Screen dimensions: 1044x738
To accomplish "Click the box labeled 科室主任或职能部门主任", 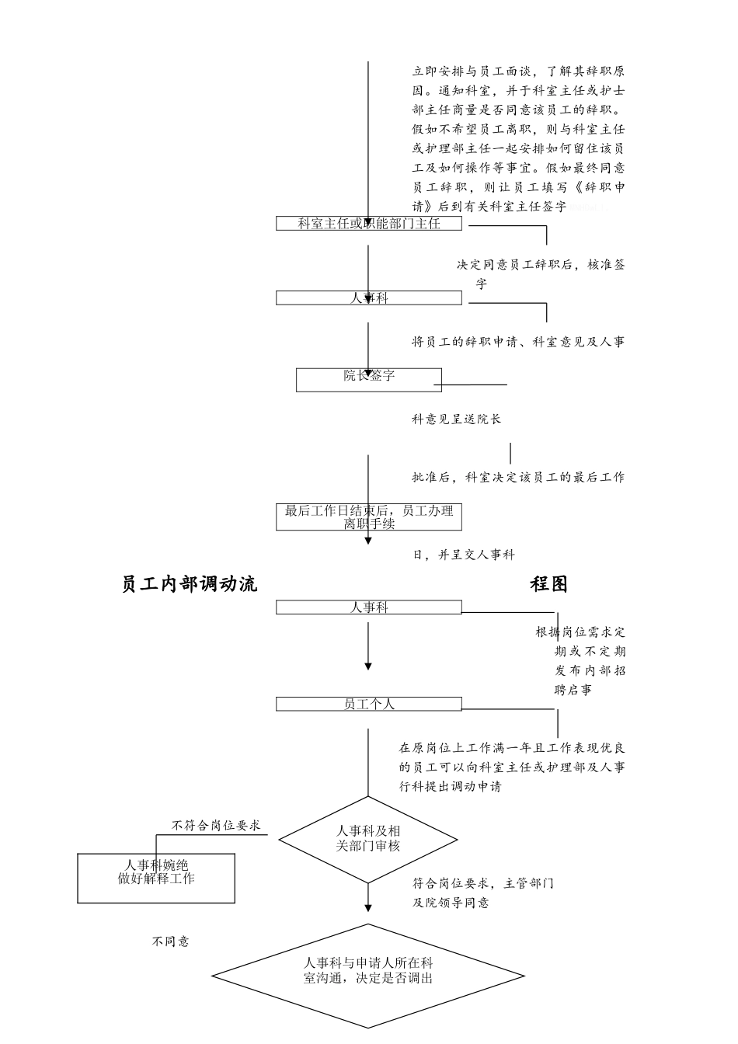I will coord(369,224).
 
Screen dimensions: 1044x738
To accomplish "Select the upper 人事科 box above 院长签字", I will coord(369,298).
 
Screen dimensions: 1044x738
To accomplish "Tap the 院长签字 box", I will coord(369,379).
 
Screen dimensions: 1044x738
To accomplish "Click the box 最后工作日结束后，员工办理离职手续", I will coord(369,517).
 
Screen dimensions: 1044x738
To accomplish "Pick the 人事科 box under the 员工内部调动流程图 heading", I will coord(369,607).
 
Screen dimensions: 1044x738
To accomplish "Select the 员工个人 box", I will coord(369,704).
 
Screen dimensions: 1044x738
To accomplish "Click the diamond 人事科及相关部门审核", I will coord(368,840).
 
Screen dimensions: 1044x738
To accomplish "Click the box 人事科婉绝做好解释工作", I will coord(156,878).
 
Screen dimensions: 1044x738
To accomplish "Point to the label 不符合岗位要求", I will coord(215,826).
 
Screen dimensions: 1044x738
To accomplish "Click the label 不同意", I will coord(170,941).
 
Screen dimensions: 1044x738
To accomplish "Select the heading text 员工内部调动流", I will coord(190,584).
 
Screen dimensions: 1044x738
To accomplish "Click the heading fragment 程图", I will coord(549,584).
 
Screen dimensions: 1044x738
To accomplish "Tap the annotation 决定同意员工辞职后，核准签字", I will coord(540,265).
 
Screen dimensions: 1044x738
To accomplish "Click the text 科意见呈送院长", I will coord(457,419).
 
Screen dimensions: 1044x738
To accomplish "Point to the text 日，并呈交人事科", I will coord(463,555).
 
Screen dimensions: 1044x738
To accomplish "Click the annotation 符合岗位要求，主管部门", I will coord(482,884).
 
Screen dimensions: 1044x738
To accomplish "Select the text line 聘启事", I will coord(573,690).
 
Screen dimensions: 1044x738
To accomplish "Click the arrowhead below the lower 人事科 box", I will coord(368,666).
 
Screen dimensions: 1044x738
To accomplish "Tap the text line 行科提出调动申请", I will coord(450,786).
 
